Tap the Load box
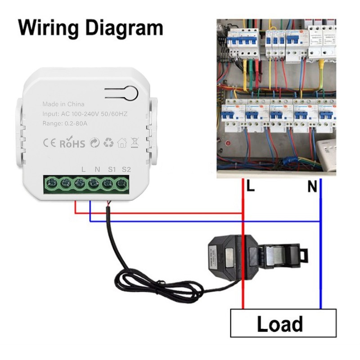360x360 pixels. pos(283,323)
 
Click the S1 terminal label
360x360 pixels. pos(112,170)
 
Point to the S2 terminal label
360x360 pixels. pos(126,170)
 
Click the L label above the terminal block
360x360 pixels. pos(84,170)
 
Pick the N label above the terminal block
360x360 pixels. pos(97,170)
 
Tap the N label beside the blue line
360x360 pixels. pos(312,187)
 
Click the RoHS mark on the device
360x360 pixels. pos(72,144)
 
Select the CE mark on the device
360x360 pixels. pos(49,144)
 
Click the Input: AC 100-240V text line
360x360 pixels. pos(85,114)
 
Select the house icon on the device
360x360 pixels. pos(121,144)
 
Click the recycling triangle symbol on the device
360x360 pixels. pos(108,144)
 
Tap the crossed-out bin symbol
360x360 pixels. pos(134,144)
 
